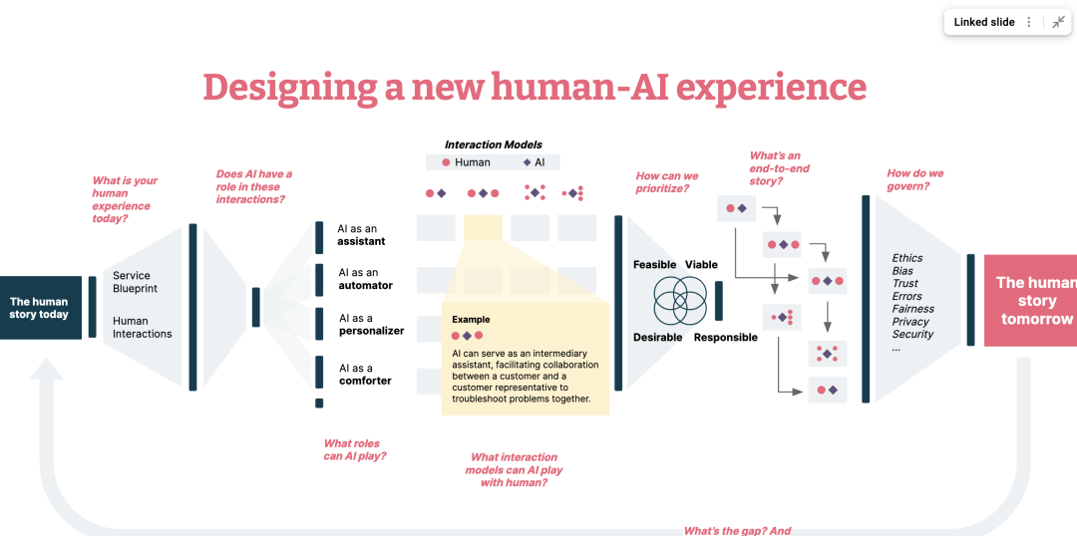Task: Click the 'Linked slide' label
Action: coord(983,22)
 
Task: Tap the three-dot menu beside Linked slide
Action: coord(1029,22)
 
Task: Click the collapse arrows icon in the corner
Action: coord(1058,22)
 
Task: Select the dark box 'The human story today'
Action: coord(41,308)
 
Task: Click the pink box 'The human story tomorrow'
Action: coord(1030,301)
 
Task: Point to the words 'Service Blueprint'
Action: coord(136,282)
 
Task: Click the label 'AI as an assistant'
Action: coord(361,235)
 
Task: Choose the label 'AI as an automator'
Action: coord(365,279)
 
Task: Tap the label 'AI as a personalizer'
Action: coord(372,325)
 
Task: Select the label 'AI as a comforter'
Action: coord(365,374)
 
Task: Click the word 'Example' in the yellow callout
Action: coord(471,319)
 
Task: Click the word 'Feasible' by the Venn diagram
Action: coord(654,265)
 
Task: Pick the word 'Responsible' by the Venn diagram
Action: coord(726,337)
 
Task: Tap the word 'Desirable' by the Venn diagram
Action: coord(658,337)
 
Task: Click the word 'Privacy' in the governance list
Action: coord(910,321)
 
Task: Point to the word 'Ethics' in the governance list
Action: coord(907,258)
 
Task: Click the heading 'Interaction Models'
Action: coord(494,144)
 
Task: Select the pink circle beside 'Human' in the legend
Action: coord(446,162)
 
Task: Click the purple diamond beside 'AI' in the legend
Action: coord(527,162)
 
